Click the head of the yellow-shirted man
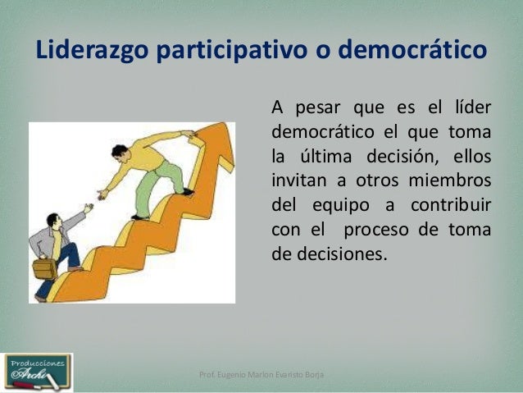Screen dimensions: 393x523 (119, 153)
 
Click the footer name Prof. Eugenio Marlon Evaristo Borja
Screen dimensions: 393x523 (261, 375)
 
